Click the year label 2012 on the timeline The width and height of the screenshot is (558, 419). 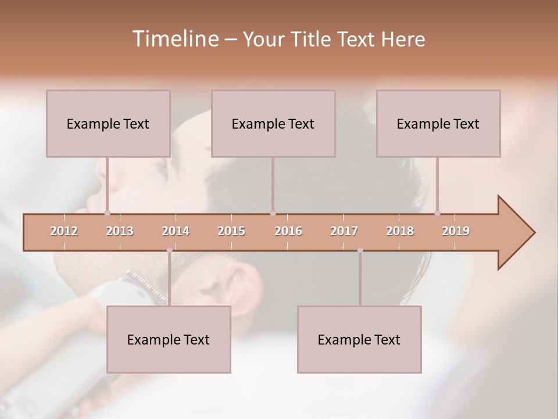click(x=64, y=231)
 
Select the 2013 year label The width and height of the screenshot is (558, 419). click(x=120, y=231)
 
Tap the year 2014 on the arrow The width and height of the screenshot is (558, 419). click(x=176, y=231)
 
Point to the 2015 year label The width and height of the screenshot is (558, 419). click(x=231, y=231)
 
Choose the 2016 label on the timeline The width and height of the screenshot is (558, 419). click(x=288, y=231)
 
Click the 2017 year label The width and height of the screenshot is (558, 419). click(x=344, y=231)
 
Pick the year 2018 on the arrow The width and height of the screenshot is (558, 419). click(x=400, y=231)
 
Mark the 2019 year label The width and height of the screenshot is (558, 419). click(x=456, y=231)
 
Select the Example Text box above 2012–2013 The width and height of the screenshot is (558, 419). click(x=108, y=123)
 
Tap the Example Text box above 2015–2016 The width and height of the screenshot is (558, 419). click(x=273, y=123)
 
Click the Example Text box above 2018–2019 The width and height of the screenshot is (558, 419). click(x=438, y=123)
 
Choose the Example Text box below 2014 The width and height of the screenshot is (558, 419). click(x=169, y=339)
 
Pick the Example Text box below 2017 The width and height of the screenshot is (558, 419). click(x=359, y=339)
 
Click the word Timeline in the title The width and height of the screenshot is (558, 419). click(x=174, y=39)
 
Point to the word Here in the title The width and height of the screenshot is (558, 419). click(x=403, y=40)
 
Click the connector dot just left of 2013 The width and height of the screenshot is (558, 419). click(x=107, y=214)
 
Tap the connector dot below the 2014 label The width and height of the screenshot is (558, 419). click(x=169, y=250)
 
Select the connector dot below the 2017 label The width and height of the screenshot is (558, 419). click(x=360, y=250)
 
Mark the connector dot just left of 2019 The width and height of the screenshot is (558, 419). click(x=437, y=214)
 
